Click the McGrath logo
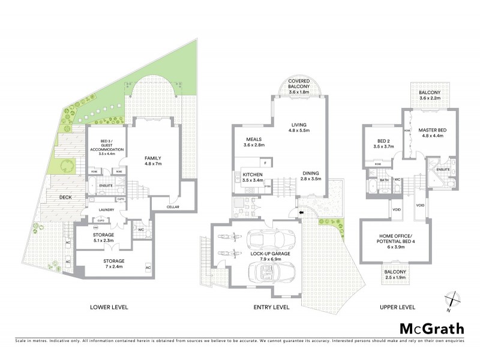coord(431,328)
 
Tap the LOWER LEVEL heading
coord(110,307)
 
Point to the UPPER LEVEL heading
coord(397,307)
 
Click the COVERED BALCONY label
coord(298,83)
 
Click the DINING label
coord(310,175)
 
